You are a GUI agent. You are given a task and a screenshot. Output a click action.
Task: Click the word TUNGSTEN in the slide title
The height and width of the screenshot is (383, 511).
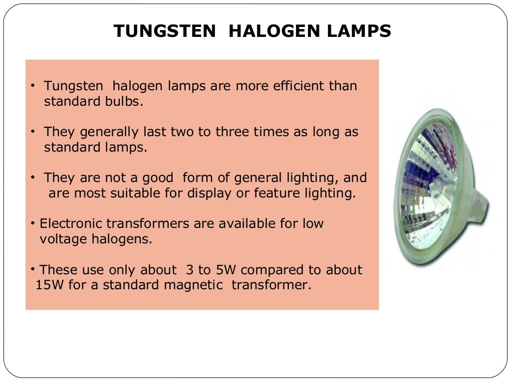coord(165,31)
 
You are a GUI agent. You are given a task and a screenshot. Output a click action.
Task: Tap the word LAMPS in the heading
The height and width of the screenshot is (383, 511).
coord(358,31)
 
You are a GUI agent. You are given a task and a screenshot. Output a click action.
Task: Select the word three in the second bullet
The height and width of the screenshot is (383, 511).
coord(237,132)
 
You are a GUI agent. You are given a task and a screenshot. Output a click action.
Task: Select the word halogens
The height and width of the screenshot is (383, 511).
coord(121,239)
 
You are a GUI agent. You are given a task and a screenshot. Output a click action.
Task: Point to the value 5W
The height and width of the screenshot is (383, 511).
coord(225,270)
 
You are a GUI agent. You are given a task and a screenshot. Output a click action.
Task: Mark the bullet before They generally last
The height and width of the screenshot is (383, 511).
coord(32,132)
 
